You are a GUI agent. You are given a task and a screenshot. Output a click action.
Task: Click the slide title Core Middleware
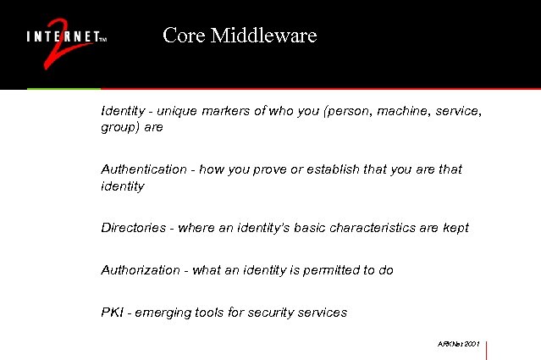(x=240, y=36)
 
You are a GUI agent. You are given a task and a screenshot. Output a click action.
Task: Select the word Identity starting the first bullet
(x=121, y=111)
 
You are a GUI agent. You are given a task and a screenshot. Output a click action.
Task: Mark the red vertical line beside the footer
(x=488, y=349)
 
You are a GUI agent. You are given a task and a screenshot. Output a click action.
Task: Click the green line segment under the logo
(x=63, y=88)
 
